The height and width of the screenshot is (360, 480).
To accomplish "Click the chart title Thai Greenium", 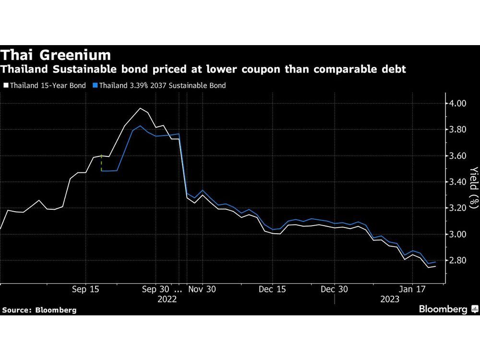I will coord(56,54).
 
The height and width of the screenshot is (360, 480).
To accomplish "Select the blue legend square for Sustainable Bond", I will coord(96,85).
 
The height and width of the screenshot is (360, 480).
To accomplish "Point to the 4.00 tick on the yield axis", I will coord(456,103).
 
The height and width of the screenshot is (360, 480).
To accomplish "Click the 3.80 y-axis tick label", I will coord(456,130).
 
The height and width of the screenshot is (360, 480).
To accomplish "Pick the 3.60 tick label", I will coord(456,156).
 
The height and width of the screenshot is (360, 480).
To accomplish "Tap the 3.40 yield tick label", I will coord(456,182).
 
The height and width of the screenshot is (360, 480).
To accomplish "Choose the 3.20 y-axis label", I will coord(456,208).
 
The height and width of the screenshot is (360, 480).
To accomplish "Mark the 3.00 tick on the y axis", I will coord(456,234).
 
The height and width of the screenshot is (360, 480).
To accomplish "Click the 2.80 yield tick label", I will coord(456,261).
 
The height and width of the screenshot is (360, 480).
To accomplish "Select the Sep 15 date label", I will coord(85,289).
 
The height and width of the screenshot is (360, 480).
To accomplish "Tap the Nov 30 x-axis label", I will coord(202,289).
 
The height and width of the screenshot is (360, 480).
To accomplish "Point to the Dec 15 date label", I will coord(272,289).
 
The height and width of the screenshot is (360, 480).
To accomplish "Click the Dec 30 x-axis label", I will coord(334,289).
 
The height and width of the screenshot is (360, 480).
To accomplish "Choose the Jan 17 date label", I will coord(412,289).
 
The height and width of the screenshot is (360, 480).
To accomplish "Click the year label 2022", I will coord(168,299).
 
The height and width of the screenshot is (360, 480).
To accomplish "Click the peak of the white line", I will coord(140,108).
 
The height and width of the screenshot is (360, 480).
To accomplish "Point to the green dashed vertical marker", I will coord(101,163).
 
